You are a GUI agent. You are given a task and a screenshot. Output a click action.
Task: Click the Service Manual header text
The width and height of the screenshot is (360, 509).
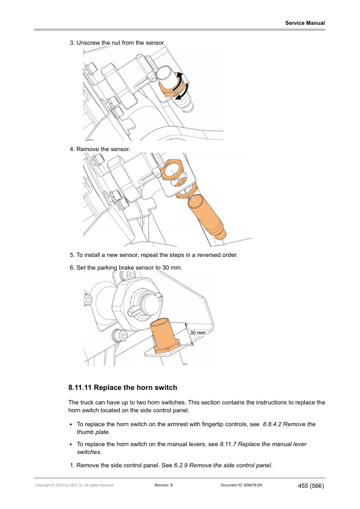pyautogui.click(x=305, y=23)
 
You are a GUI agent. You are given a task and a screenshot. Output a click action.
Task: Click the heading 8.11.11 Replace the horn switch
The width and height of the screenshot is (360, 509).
pyautogui.click(x=123, y=387)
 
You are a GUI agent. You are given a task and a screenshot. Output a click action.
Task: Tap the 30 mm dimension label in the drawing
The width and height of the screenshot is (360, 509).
pyautogui.click(x=198, y=332)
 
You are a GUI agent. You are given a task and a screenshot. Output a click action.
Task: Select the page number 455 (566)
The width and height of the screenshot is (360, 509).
pyautogui.click(x=311, y=486)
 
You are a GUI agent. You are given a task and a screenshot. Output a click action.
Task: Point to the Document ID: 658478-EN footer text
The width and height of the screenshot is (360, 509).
pyautogui.click(x=241, y=485)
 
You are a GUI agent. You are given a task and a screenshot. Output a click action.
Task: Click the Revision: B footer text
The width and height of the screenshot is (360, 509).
pyautogui.click(x=164, y=485)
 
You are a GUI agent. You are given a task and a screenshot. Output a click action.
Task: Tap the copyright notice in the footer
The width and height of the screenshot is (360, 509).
pyautogui.click(x=75, y=485)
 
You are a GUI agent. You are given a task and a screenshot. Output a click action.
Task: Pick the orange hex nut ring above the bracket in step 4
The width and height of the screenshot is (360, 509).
pyautogui.click(x=172, y=169)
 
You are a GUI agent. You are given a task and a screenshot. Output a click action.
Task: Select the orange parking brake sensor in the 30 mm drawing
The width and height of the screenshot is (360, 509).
pyautogui.click(x=164, y=337)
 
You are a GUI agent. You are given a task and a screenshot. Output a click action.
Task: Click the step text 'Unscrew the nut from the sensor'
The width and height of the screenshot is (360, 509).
pyautogui.click(x=120, y=43)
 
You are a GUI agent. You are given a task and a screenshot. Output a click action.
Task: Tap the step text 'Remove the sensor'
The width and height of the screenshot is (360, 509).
pyautogui.click(x=103, y=149)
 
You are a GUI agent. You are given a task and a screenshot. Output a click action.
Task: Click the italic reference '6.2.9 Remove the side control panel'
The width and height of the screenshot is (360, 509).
pyautogui.click(x=223, y=465)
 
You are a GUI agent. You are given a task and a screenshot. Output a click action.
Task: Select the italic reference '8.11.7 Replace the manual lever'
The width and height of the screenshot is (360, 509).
pyautogui.click(x=263, y=444)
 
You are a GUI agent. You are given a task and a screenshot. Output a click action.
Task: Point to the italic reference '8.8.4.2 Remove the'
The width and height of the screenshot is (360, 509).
pyautogui.click(x=289, y=424)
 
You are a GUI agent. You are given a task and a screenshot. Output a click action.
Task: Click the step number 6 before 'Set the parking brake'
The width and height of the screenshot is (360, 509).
pyautogui.click(x=72, y=268)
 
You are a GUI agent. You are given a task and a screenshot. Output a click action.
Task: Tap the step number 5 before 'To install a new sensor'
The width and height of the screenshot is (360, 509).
pyautogui.click(x=72, y=255)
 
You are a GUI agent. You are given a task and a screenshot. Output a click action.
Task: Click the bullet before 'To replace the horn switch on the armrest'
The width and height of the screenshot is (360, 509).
pyautogui.click(x=71, y=424)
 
